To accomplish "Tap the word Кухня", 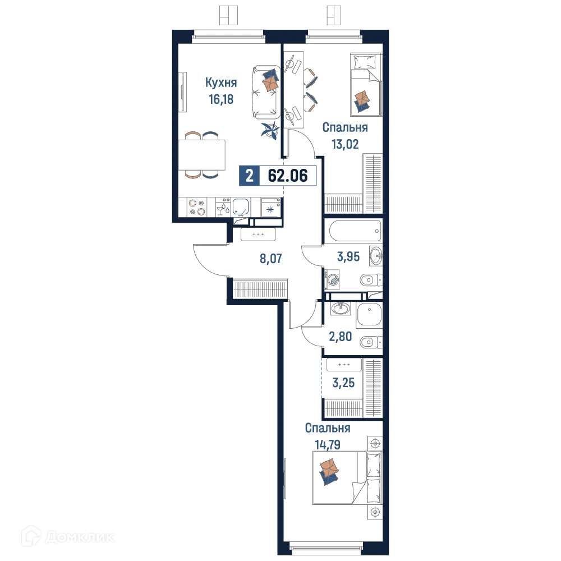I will click(221, 83).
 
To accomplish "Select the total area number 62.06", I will click(288, 176).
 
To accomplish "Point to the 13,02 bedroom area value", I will click(344, 144).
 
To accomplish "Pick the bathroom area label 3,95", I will click(347, 258).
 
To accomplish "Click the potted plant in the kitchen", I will click(270, 130).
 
